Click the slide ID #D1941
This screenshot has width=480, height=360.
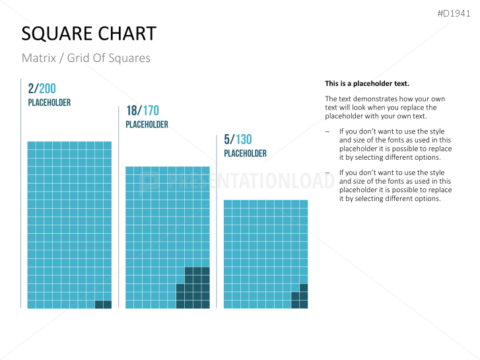(455, 13)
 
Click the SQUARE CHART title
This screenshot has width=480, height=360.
(89, 34)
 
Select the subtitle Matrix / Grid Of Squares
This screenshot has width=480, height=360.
(86, 58)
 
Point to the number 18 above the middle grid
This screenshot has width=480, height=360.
(132, 110)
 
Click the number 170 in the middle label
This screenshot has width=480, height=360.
(150, 110)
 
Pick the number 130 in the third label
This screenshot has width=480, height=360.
(242, 139)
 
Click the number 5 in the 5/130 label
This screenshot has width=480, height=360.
(226, 139)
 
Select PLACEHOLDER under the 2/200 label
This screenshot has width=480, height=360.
(49, 103)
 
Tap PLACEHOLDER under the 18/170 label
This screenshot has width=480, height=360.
(147, 124)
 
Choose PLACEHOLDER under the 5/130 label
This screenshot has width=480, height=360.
(245, 153)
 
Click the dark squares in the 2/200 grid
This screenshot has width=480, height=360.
(103, 305)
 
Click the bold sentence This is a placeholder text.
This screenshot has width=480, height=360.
(366, 84)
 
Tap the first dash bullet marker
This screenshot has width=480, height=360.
(328, 132)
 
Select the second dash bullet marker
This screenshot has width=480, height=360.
(328, 173)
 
